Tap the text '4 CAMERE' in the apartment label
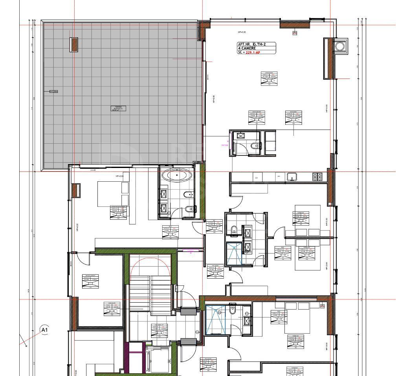click(x=247, y=48)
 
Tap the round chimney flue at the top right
click(x=339, y=46)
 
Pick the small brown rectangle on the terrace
click(x=74, y=44)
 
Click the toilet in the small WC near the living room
click(x=256, y=146)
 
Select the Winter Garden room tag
click(x=90, y=281)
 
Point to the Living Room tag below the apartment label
click(x=269, y=78)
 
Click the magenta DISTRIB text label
click(x=225, y=145)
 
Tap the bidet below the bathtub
click(x=189, y=208)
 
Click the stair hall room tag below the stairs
click(x=159, y=331)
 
